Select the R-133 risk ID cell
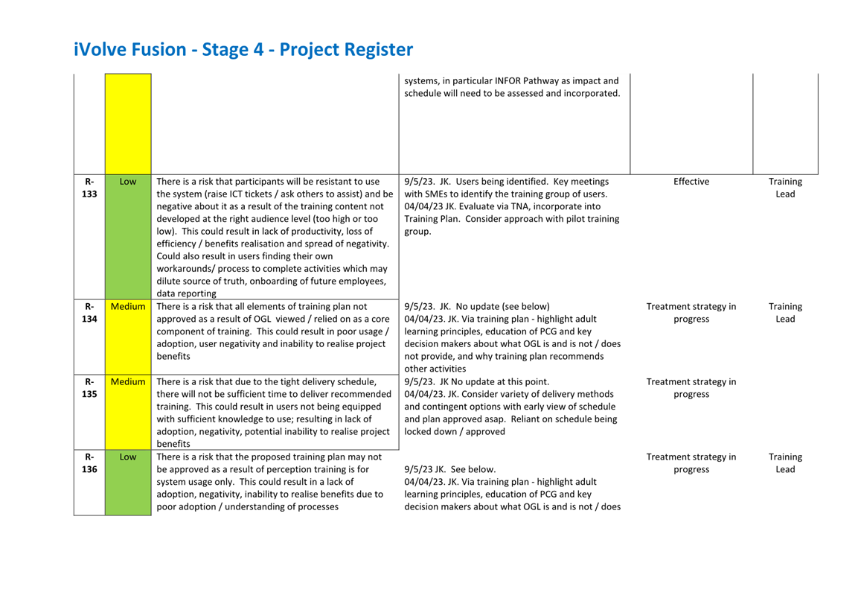click(89, 188)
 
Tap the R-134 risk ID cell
click(89, 312)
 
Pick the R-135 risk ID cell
click(89, 387)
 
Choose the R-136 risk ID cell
click(89, 463)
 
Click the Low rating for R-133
click(128, 181)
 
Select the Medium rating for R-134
click(128, 306)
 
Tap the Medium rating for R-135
click(128, 381)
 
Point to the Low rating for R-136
click(128, 457)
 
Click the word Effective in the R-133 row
click(691, 181)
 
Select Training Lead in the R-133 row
click(785, 188)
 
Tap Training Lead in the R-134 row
click(785, 312)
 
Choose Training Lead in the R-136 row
click(785, 463)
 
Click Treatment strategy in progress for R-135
click(691, 387)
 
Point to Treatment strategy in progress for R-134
click(691, 312)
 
